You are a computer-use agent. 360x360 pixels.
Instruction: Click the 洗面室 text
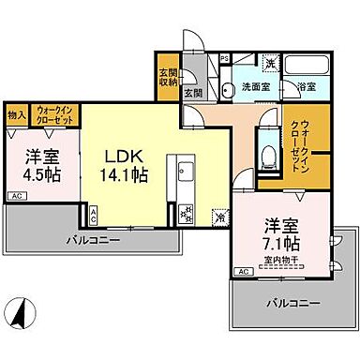coord(254,86)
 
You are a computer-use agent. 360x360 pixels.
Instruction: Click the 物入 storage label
coord(16,115)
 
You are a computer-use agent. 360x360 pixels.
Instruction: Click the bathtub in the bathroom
coord(306,68)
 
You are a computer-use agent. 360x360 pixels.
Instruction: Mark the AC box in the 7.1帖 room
coord(243,271)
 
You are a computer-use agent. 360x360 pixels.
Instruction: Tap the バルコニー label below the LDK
coord(92,240)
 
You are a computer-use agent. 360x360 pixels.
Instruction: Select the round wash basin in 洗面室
coord(231,90)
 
